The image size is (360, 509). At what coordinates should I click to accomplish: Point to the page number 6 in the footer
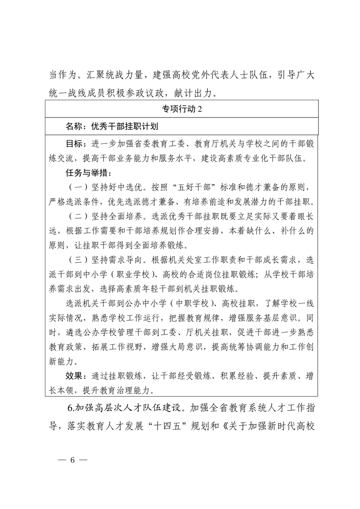coord(72,459)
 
